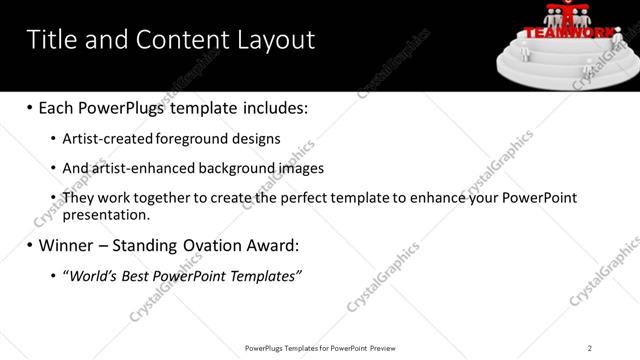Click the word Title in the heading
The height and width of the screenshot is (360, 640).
47,39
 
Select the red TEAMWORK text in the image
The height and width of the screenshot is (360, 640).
565,31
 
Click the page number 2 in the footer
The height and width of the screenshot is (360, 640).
589,347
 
